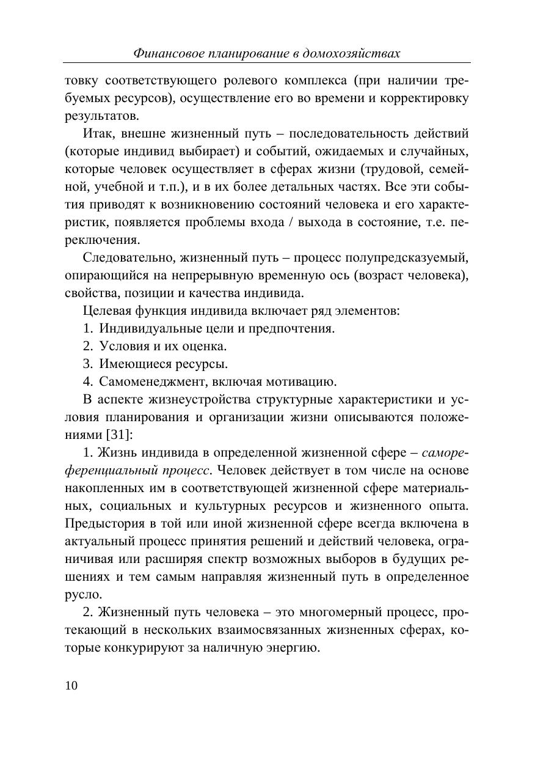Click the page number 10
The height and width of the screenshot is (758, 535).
[x=71, y=685]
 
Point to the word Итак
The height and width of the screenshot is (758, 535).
[x=98, y=133]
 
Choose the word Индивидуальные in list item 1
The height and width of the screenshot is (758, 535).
[x=144, y=328]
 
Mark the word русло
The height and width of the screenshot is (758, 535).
[x=82, y=594]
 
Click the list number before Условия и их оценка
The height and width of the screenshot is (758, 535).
[x=87, y=346]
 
